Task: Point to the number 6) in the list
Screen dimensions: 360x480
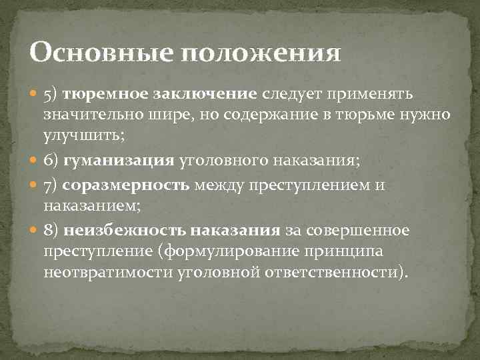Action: [52, 161]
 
